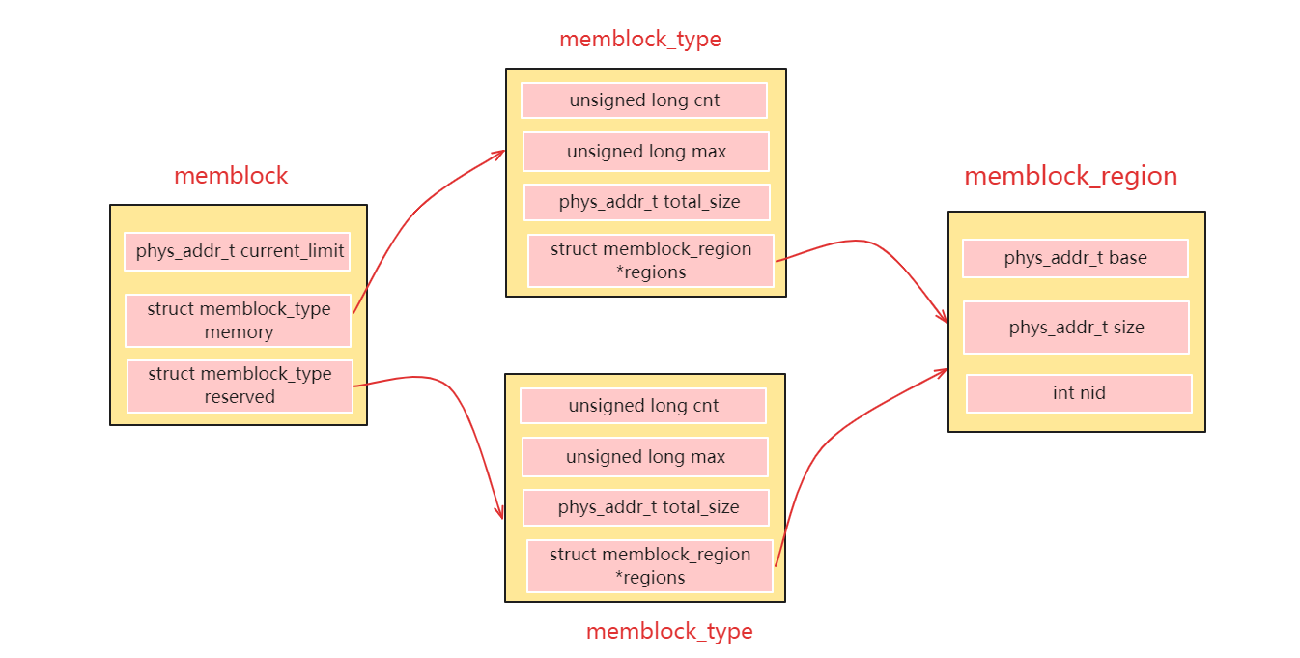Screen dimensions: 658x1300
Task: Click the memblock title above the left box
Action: [231, 176]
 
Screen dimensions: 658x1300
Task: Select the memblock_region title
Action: [1070, 176]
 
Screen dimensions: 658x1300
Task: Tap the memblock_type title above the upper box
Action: [639, 39]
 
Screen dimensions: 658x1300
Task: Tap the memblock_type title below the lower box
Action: [668, 631]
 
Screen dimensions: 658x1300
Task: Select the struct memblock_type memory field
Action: [238, 320]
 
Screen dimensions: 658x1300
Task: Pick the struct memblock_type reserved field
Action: [240, 386]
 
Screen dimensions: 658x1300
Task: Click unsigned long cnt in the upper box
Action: [644, 100]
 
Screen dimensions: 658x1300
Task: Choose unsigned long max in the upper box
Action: [645, 152]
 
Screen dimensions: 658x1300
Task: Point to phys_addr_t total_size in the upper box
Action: [647, 202]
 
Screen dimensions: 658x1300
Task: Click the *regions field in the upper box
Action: [650, 260]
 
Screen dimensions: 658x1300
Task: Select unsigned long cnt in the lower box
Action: [642, 406]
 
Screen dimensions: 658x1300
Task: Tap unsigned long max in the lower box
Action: [644, 456]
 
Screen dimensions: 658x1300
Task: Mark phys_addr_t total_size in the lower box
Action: [646, 507]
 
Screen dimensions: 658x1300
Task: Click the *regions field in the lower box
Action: [649, 565]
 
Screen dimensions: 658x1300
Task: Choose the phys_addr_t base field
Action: [1075, 258]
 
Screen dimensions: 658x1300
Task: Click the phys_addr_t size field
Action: [1076, 328]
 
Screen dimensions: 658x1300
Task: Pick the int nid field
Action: [1079, 393]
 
